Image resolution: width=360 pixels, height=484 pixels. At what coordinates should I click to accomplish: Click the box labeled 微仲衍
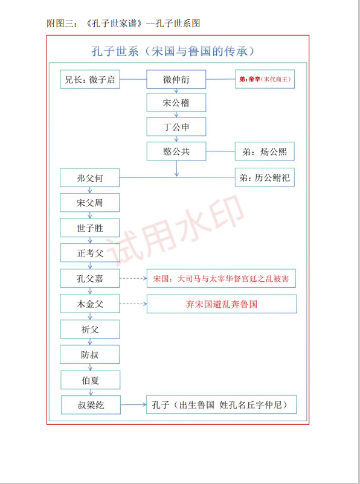click(x=176, y=79)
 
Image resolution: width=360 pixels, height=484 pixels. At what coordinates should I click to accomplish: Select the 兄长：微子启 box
click(x=90, y=79)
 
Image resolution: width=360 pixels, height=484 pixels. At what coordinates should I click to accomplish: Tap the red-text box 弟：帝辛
click(x=265, y=79)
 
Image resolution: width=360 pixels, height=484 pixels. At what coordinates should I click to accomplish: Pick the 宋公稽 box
click(x=176, y=103)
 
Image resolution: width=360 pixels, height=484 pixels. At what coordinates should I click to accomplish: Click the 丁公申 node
click(x=176, y=127)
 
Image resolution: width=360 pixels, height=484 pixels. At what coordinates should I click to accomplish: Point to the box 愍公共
click(x=176, y=151)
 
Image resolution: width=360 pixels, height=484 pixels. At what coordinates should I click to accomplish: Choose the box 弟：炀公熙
click(x=265, y=151)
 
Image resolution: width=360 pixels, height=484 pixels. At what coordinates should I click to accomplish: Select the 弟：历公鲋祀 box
click(x=265, y=177)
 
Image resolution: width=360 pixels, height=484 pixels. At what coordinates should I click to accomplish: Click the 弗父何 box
click(x=89, y=178)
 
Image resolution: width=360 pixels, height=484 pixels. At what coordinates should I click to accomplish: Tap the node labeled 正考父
click(x=90, y=253)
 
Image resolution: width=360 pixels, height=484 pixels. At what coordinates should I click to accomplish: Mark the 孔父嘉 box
click(x=90, y=278)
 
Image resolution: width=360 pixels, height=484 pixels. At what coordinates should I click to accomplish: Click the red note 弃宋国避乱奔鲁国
click(x=222, y=304)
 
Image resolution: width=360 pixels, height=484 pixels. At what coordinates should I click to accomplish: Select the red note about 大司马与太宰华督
click(x=221, y=278)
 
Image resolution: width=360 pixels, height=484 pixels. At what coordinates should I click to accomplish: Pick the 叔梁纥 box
click(x=91, y=405)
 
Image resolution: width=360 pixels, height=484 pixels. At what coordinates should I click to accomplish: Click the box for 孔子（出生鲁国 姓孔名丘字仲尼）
click(x=221, y=404)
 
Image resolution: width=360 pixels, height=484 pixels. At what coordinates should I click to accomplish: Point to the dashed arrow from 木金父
click(x=133, y=304)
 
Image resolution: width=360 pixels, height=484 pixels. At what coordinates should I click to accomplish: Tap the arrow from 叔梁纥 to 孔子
click(x=133, y=404)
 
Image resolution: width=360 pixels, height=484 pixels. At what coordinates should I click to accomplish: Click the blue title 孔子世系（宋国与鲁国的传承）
click(x=173, y=51)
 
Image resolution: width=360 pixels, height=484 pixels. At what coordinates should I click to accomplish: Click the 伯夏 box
click(x=90, y=380)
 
